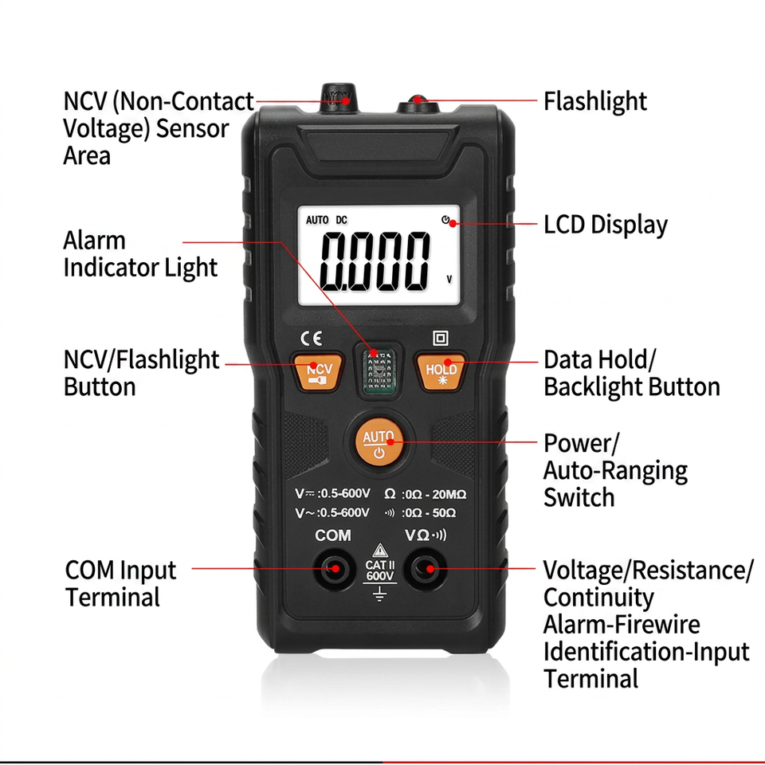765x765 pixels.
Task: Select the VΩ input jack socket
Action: click(x=428, y=568)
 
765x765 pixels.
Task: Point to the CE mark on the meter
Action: click(x=312, y=338)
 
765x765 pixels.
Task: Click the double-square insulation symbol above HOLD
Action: click(x=441, y=338)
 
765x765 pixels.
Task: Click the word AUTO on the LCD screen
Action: click(x=317, y=220)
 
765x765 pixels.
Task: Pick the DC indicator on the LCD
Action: click(x=342, y=220)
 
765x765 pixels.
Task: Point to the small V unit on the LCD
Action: click(x=449, y=279)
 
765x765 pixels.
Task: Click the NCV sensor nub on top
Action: click(x=338, y=98)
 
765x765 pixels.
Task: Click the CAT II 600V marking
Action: click(x=380, y=571)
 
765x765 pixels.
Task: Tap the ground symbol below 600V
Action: click(x=379, y=594)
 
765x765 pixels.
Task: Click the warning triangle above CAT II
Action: click(x=380, y=551)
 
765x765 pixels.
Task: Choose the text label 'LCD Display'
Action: click(x=606, y=225)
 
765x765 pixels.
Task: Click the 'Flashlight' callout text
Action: click(x=595, y=101)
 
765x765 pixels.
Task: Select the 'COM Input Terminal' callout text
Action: click(x=120, y=583)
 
